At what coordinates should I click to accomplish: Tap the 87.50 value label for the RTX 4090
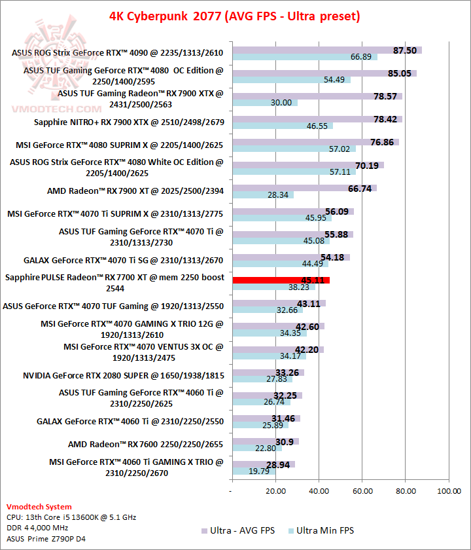click(x=405, y=50)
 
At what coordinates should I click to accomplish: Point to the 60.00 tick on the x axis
click(x=362, y=489)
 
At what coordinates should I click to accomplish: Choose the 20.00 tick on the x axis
click(x=275, y=489)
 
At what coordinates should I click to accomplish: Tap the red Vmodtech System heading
click(x=39, y=507)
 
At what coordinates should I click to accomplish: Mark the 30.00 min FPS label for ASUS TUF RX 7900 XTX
click(x=281, y=103)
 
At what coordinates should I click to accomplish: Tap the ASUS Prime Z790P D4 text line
click(x=46, y=539)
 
